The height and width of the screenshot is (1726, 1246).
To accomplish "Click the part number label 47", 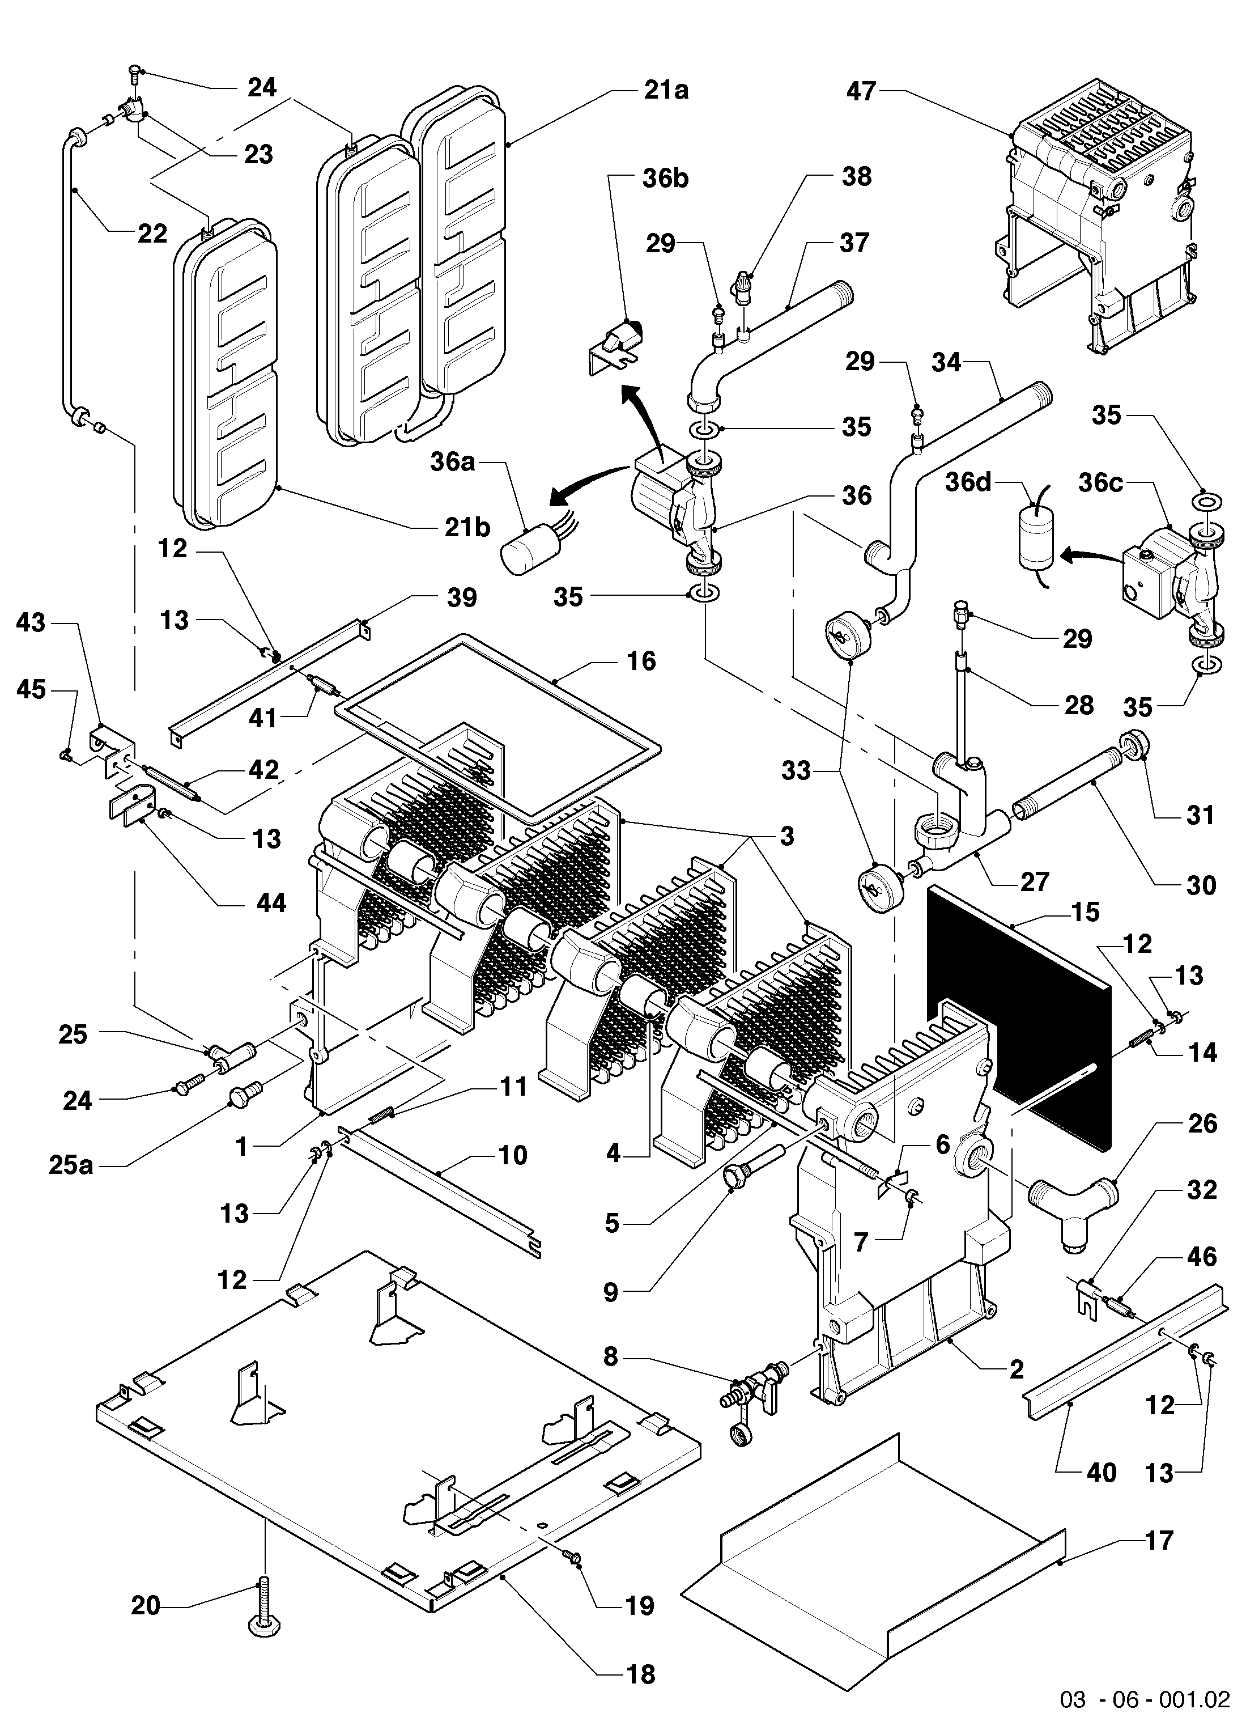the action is (x=862, y=91).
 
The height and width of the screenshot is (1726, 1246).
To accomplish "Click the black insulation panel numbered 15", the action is (x=1019, y=1020).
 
